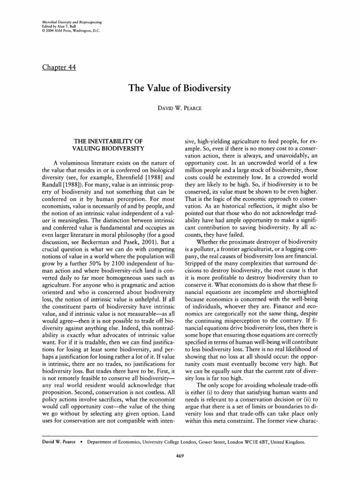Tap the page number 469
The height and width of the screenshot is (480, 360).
pyautogui.click(x=180, y=470)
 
